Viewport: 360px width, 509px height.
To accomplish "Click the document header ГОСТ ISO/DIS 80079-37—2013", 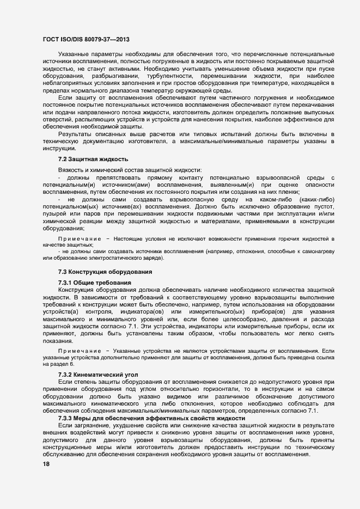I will coord(86,39).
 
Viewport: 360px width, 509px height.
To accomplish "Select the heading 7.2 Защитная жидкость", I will coord(93,159).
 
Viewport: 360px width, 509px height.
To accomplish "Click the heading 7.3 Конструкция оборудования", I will coord(108,272).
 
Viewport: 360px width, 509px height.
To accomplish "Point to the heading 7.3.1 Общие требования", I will coord(94,282).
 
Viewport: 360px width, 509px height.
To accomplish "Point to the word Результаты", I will coord(76,133).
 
